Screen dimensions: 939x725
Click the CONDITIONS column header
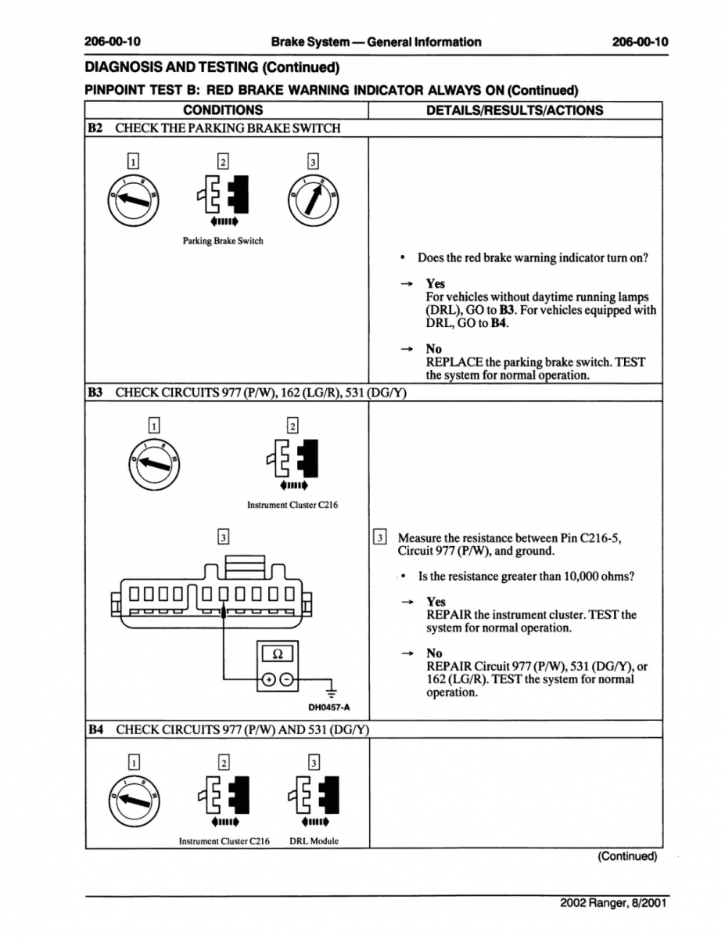click(x=223, y=110)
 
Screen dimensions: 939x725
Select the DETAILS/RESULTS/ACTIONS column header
click(x=514, y=110)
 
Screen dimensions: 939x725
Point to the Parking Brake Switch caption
click(x=223, y=241)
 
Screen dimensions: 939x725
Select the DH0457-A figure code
click(x=328, y=707)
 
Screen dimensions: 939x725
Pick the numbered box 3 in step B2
click(x=313, y=163)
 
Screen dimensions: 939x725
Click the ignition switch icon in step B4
click(x=135, y=798)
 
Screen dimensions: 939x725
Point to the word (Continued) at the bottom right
click(x=627, y=856)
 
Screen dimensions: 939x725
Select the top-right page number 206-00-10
click(x=641, y=41)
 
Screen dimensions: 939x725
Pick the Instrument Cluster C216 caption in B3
click(x=293, y=505)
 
